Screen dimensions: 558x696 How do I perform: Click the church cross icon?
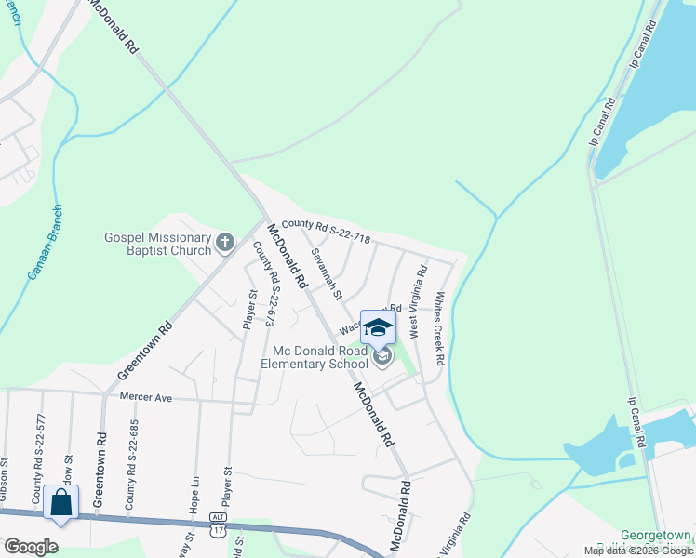(224, 244)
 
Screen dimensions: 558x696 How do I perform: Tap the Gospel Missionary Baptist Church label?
(157, 244)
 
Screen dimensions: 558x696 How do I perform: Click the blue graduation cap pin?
(378, 326)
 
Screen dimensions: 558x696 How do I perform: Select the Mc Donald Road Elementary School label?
(321, 357)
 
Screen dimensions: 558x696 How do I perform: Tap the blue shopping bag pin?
(60, 503)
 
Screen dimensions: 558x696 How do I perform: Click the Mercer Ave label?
(146, 397)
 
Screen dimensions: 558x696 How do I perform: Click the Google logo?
(31, 547)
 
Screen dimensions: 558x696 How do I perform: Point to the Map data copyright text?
(638, 551)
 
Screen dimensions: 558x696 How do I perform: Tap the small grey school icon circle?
(381, 356)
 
